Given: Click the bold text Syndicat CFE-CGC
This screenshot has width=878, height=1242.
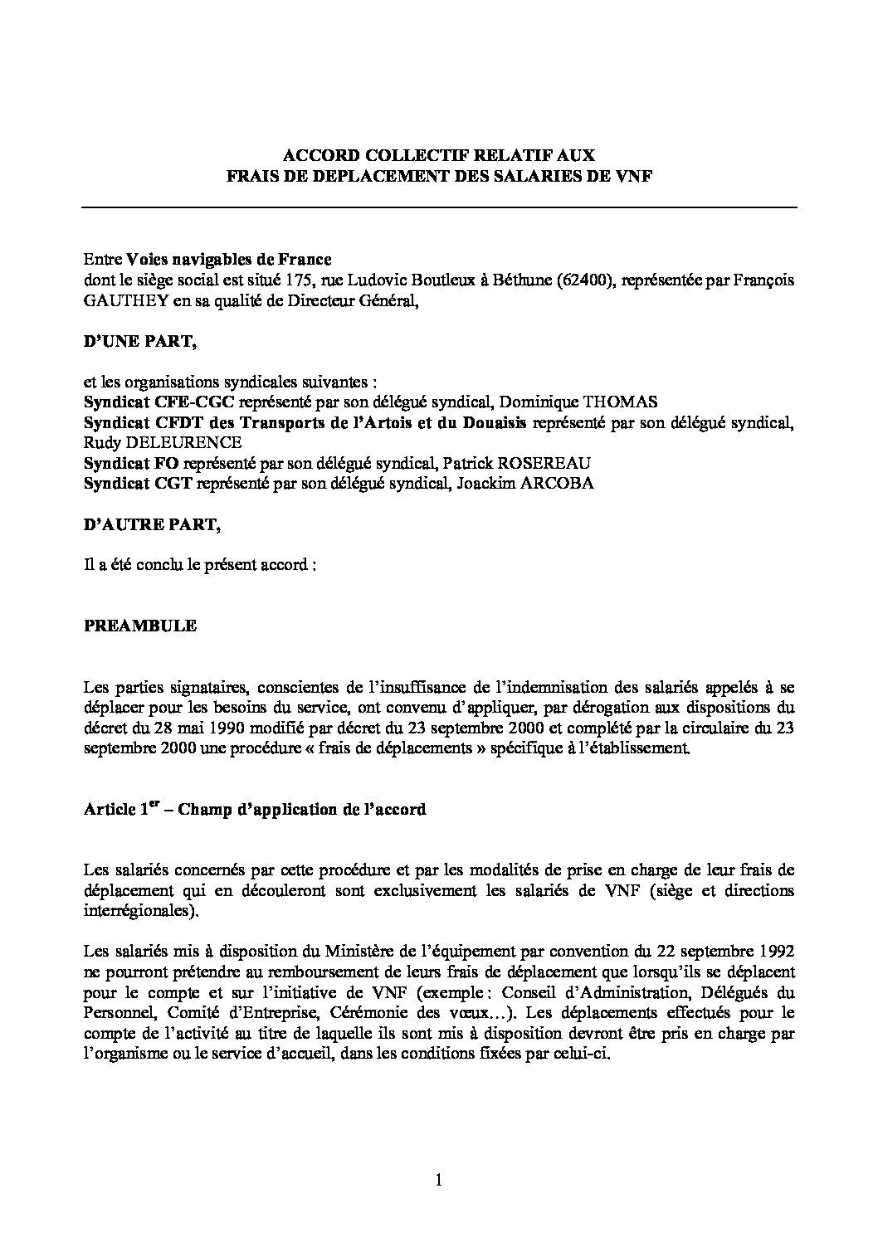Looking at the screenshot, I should [x=160, y=402].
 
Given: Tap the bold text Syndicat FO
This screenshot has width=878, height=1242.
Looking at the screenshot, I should [x=131, y=463].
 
